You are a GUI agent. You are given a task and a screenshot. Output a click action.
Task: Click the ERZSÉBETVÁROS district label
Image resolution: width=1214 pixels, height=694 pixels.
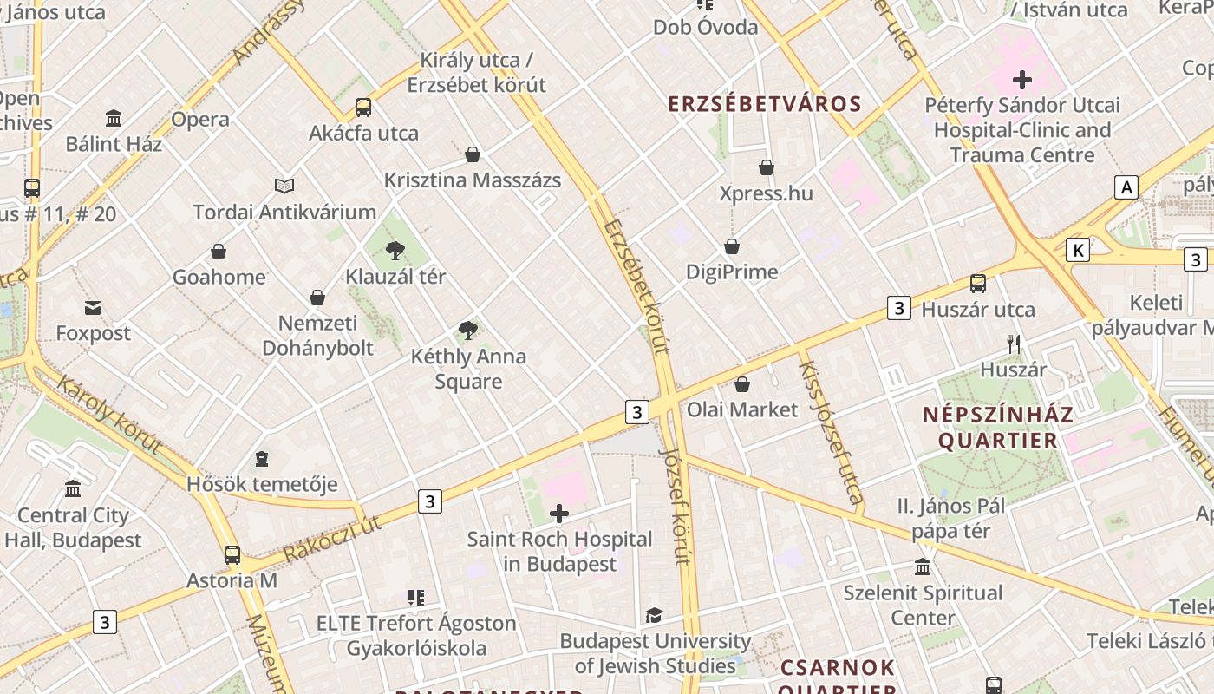[764, 104]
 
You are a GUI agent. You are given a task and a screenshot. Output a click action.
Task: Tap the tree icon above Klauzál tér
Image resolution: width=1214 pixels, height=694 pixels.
[395, 252]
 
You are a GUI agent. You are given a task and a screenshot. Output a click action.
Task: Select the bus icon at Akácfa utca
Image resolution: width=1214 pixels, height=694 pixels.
[363, 108]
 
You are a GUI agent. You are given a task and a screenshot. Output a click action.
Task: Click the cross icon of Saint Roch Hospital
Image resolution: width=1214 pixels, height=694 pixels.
[559, 514]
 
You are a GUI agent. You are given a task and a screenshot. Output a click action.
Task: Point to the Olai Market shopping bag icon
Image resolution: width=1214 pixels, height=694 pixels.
[742, 384]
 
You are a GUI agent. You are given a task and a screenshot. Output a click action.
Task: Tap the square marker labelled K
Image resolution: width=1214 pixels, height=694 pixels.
[1077, 251]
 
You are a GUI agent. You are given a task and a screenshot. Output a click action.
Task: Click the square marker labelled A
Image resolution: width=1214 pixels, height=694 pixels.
[1126, 187]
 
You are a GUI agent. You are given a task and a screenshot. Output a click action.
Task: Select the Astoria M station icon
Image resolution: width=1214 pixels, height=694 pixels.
[232, 555]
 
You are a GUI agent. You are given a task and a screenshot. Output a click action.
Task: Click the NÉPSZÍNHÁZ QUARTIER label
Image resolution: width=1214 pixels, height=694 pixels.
[997, 427]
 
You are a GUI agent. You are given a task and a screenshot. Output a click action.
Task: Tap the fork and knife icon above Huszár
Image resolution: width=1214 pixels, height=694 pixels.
[1013, 344]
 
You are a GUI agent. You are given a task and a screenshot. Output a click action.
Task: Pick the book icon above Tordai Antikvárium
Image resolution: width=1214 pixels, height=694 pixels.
[284, 186]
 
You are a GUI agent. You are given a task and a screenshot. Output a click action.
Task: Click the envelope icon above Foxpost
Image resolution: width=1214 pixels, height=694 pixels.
[93, 308]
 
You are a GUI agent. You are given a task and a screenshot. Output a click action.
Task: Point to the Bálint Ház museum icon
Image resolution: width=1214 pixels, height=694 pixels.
[114, 118]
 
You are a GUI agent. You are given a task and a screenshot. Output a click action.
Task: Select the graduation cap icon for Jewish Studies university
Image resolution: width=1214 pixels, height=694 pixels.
[654, 616]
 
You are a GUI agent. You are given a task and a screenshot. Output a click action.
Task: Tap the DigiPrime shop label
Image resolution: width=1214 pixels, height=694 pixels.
[731, 272]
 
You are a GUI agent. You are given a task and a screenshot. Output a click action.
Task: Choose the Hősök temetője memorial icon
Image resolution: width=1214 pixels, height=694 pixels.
[262, 459]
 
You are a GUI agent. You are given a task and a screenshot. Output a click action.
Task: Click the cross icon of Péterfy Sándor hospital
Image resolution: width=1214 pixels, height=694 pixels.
[1021, 80]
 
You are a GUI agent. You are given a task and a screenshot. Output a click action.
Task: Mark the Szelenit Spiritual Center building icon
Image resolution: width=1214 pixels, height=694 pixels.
[923, 567]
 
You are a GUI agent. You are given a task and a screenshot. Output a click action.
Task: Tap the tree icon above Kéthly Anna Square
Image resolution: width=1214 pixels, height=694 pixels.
[468, 331]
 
